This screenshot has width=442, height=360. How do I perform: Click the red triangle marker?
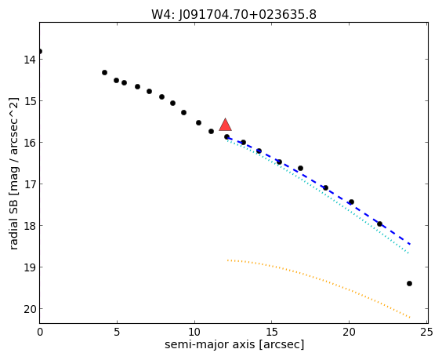click(x=225, y=125)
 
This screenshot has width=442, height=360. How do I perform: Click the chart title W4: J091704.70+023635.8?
click(x=234, y=14)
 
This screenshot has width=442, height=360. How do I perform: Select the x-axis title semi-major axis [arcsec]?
click(x=234, y=344)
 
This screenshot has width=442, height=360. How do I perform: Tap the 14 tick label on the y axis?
click(x=29, y=60)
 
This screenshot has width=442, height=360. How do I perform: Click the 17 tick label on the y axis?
click(x=29, y=184)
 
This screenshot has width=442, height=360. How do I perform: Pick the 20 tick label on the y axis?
click(x=29, y=309)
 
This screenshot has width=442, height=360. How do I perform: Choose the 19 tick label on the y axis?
click(x=29, y=267)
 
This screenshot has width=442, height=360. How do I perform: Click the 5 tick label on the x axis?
click(x=117, y=332)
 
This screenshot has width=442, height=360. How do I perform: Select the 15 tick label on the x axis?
click(x=271, y=332)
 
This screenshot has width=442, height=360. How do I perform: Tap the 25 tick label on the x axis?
click(x=426, y=332)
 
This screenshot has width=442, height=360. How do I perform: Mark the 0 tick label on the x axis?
click(x=40, y=332)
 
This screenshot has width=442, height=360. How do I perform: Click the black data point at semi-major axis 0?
click(x=40, y=51)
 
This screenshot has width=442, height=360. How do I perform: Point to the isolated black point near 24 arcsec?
click(x=409, y=284)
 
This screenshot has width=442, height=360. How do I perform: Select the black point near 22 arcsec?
click(x=379, y=224)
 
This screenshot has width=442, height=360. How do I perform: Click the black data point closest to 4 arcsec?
click(x=104, y=72)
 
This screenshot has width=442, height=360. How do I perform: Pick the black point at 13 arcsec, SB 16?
click(x=243, y=142)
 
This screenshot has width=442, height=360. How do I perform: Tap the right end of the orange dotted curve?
click(x=410, y=318)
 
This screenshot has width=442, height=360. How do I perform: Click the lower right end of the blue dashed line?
click(x=410, y=244)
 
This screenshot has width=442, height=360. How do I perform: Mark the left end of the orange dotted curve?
click(x=227, y=260)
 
